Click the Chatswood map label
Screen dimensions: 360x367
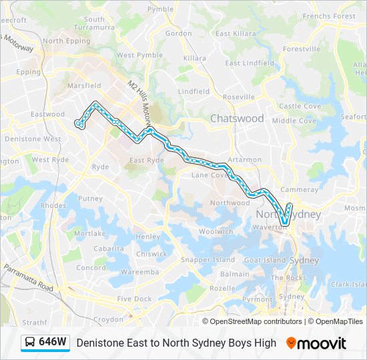point(237,119)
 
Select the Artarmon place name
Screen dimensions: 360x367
point(244,160)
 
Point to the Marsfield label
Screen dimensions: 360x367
point(85,86)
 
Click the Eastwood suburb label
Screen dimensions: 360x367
point(47,115)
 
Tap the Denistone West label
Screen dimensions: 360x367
point(33,139)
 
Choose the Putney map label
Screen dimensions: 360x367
point(90,199)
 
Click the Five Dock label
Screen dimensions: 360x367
point(134,299)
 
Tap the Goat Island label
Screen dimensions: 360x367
point(265,260)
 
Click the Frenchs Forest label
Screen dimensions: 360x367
point(329,16)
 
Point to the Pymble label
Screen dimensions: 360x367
point(160,9)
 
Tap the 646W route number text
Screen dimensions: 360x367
point(53,343)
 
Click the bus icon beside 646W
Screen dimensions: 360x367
point(30,343)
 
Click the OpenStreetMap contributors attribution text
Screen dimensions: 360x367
point(256,321)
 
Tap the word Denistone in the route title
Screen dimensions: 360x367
point(99,343)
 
